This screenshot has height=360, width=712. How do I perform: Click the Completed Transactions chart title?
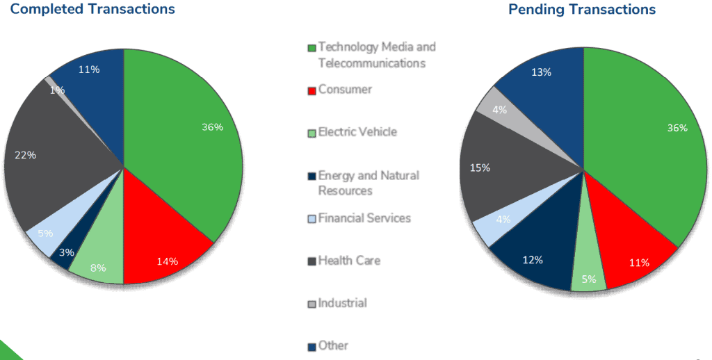tap(92, 9)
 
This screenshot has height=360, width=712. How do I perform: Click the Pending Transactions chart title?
tap(582, 9)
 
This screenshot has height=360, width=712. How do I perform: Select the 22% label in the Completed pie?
tap(25, 155)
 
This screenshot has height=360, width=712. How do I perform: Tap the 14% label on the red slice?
tap(168, 261)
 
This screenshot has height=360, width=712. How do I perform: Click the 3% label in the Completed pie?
tap(67, 252)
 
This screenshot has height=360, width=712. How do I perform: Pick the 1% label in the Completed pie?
tap(57, 90)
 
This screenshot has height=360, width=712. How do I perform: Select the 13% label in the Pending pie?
tap(541, 72)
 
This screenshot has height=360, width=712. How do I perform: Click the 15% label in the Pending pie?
tap(480, 167)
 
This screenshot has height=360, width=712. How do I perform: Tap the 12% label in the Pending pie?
tap(533, 260)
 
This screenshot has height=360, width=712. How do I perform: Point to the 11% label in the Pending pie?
tap(639, 263)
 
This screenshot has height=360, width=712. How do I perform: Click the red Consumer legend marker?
tap(312, 90)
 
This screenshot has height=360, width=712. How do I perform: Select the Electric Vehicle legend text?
tap(357, 131)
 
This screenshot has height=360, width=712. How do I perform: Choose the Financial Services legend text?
tap(364, 218)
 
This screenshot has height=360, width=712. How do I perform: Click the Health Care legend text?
tap(349, 261)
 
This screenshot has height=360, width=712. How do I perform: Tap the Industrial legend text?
tap(342, 303)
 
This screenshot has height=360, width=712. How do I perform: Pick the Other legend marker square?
tap(312, 346)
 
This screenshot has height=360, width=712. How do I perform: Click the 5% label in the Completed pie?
tap(44, 233)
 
